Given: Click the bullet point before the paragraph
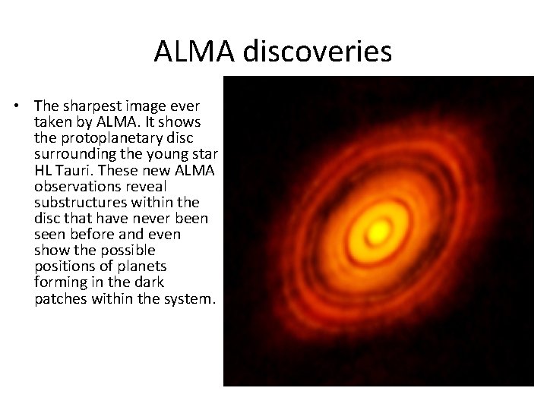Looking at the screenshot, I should [x=24, y=104].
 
